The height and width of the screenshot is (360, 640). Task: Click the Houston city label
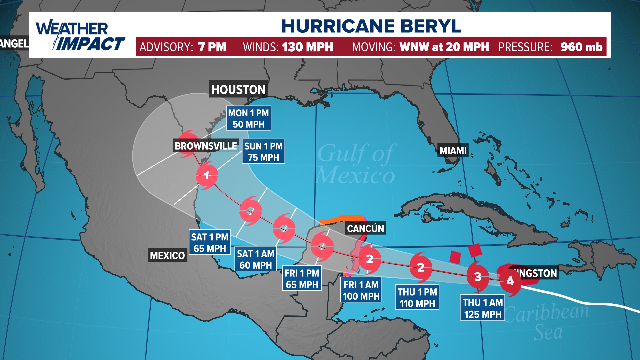pyautogui.click(x=238, y=89)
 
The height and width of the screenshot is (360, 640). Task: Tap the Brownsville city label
pyautogui.click(x=206, y=146)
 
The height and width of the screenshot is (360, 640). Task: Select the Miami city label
pyautogui.click(x=453, y=151)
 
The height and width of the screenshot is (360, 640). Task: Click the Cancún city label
pyautogui.click(x=365, y=228)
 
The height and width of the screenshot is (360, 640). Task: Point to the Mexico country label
pyautogui.click(x=167, y=255)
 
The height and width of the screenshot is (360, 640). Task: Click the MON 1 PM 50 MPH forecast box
pyautogui.click(x=249, y=118)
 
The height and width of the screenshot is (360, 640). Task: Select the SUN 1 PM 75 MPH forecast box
pyautogui.click(x=263, y=151)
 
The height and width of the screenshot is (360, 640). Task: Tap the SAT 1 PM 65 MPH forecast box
pyautogui.click(x=210, y=242)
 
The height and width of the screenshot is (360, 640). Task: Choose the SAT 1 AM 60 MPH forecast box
pyautogui.click(x=256, y=259)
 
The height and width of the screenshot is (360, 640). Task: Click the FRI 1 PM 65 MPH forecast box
pyautogui.click(x=302, y=278)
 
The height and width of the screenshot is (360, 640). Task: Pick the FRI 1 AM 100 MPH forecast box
pyautogui.click(x=361, y=290)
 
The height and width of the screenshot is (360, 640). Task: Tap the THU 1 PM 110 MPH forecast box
pyautogui.click(x=417, y=297)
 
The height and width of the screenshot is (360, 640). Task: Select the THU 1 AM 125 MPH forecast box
pyautogui.click(x=483, y=308)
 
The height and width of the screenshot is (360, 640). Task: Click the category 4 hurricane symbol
pyautogui.click(x=510, y=281)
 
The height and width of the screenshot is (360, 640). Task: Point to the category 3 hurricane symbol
pyautogui.click(x=478, y=277)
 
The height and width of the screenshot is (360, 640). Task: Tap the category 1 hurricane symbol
pyautogui.click(x=207, y=175)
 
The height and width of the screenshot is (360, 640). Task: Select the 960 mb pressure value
pyautogui.click(x=581, y=47)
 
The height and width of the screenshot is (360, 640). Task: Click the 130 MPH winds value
pyautogui.click(x=307, y=47)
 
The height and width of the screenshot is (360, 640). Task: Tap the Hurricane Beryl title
pyautogui.click(x=371, y=26)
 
